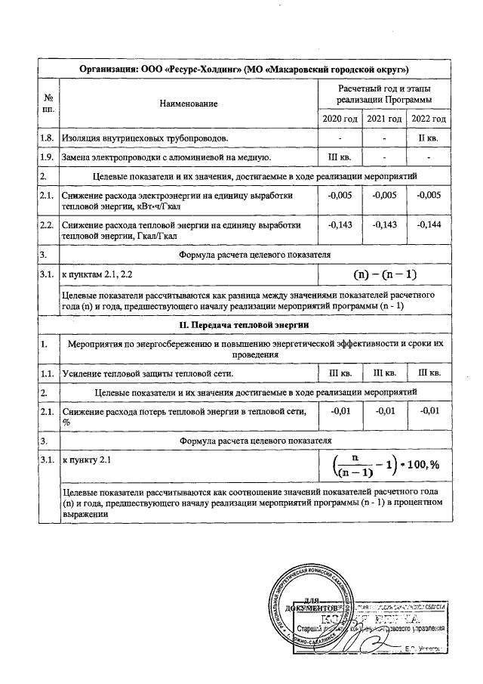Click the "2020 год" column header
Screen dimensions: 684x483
tap(340, 119)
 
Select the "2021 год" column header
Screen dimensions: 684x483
tap(384, 119)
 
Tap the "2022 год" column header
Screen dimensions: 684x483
tap(428, 119)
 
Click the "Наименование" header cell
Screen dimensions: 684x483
tap(188, 103)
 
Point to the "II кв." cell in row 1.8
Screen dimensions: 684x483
tap(428, 139)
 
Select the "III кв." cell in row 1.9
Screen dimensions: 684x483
tap(340, 157)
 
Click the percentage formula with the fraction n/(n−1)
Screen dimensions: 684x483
tap(386, 463)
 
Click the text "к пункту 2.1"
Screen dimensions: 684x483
tap(89, 459)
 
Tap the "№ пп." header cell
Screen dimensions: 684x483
tap(48, 103)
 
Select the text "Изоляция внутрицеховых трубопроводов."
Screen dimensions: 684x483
tap(146, 139)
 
